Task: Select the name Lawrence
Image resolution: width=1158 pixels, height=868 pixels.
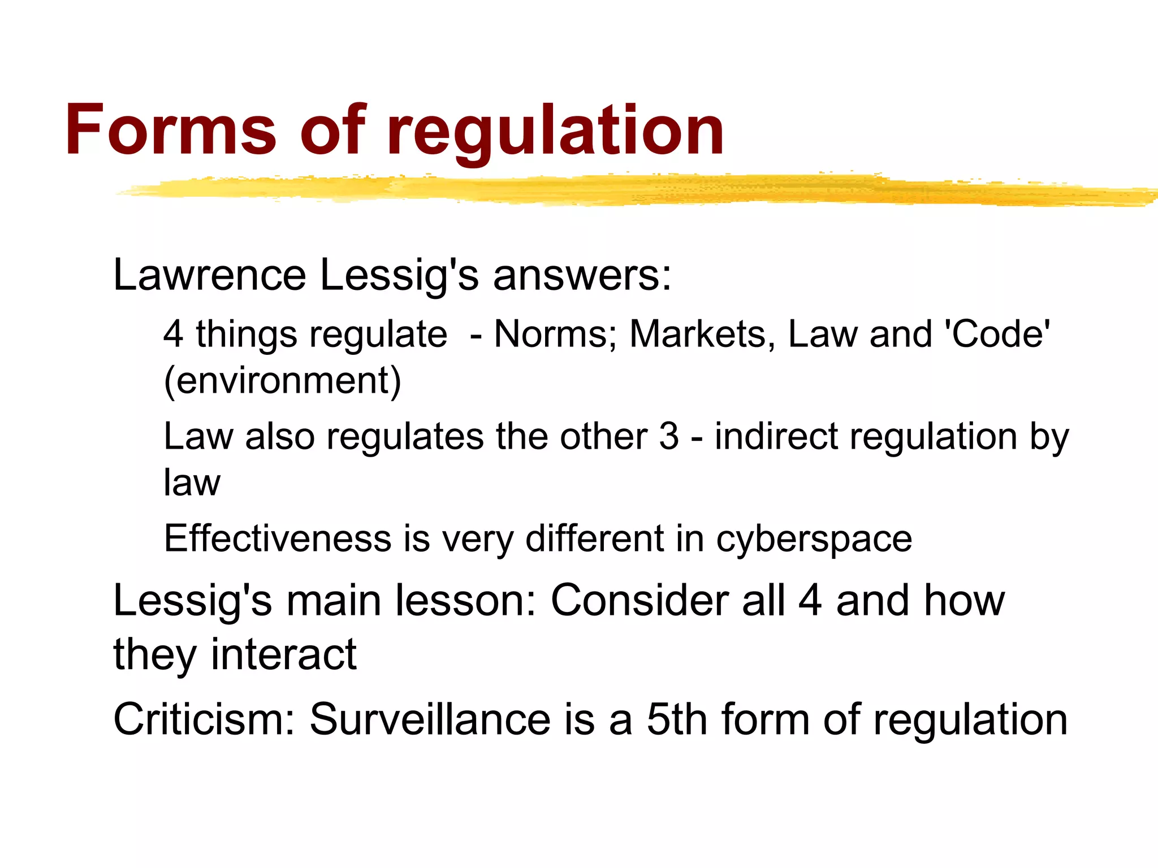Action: pos(209,275)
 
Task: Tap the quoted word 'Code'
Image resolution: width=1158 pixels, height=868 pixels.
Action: pos(998,334)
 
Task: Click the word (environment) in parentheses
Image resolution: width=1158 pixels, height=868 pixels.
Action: pos(282,381)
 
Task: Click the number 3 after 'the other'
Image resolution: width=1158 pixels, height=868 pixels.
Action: pos(669,437)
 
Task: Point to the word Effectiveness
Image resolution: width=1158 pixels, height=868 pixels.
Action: pos(278,539)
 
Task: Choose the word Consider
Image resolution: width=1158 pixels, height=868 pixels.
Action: pos(640,601)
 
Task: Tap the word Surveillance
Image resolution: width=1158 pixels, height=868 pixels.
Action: pos(430,719)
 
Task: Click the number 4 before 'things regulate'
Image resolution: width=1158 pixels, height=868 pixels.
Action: pos(173,334)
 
